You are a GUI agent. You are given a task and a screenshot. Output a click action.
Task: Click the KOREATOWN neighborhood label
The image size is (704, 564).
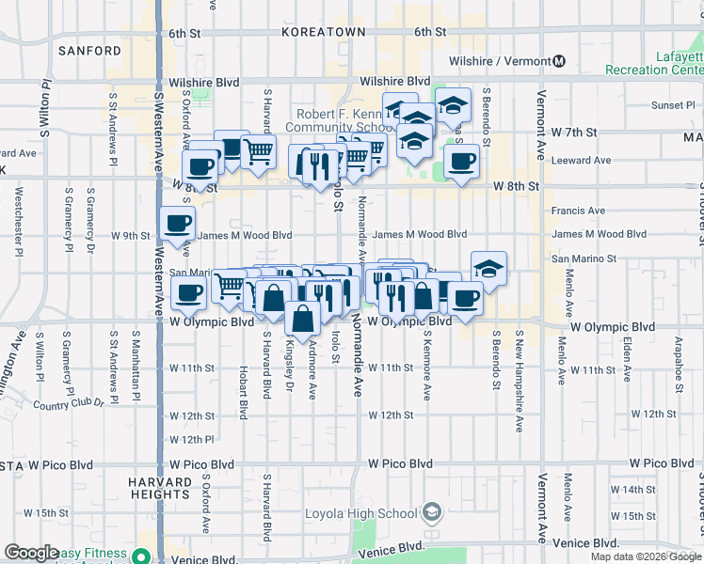(x=323, y=32)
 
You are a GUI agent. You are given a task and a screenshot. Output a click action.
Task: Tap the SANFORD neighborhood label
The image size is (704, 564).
(x=89, y=51)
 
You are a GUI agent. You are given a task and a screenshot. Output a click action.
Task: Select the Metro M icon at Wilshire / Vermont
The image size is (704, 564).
(x=559, y=61)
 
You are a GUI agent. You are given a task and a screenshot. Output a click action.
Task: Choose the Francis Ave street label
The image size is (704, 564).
(x=579, y=211)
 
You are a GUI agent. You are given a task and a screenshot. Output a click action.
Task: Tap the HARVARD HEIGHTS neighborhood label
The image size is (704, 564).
(x=160, y=488)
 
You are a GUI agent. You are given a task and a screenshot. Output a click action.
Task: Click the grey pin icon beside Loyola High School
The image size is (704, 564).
(x=432, y=513)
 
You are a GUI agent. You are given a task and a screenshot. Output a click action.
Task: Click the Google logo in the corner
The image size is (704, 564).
(x=32, y=554)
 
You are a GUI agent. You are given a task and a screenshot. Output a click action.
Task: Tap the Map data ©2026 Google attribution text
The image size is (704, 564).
(x=647, y=556)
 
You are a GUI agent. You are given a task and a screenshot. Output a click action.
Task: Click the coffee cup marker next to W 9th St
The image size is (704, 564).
(x=178, y=225)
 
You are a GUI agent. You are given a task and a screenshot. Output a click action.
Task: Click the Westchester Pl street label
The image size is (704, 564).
(x=19, y=222)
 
